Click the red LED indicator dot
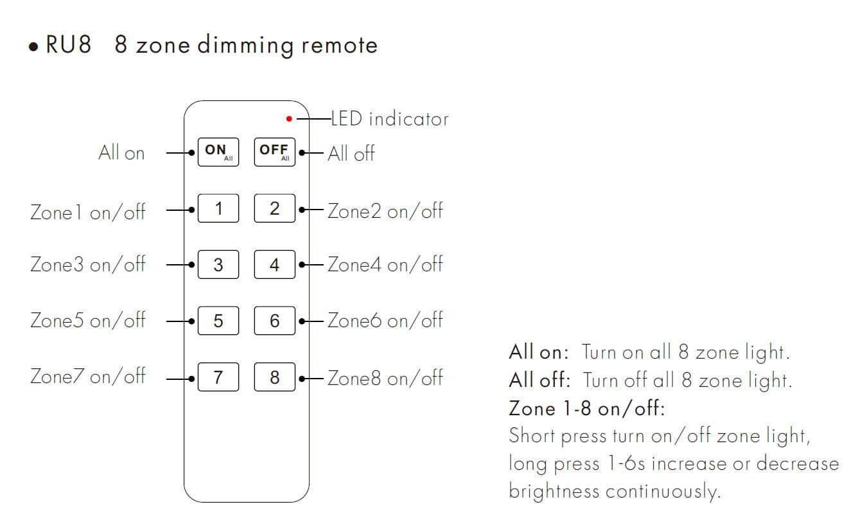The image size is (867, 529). pyautogui.click(x=289, y=119)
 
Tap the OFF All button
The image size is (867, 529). pyautogui.click(x=275, y=152)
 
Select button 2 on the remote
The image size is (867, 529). pyautogui.click(x=275, y=208)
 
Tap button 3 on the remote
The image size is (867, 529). pyautogui.click(x=218, y=265)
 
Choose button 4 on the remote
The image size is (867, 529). pyautogui.click(x=275, y=265)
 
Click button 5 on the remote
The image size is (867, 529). pyautogui.click(x=218, y=321)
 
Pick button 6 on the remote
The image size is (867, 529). pyautogui.click(x=275, y=321)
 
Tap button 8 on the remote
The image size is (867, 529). pyautogui.click(x=275, y=377)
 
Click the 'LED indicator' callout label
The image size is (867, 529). pyautogui.click(x=389, y=119)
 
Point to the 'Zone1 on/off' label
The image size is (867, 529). pyautogui.click(x=88, y=211)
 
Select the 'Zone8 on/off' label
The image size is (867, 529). pyautogui.click(x=385, y=377)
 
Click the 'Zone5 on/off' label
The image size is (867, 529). pyautogui.click(x=88, y=320)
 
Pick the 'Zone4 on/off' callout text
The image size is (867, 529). pyautogui.click(x=385, y=264)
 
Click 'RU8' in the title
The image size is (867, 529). pyautogui.click(x=68, y=46)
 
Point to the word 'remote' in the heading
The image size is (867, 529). pyautogui.click(x=340, y=46)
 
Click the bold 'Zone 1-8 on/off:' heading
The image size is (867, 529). pyautogui.click(x=586, y=408)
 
